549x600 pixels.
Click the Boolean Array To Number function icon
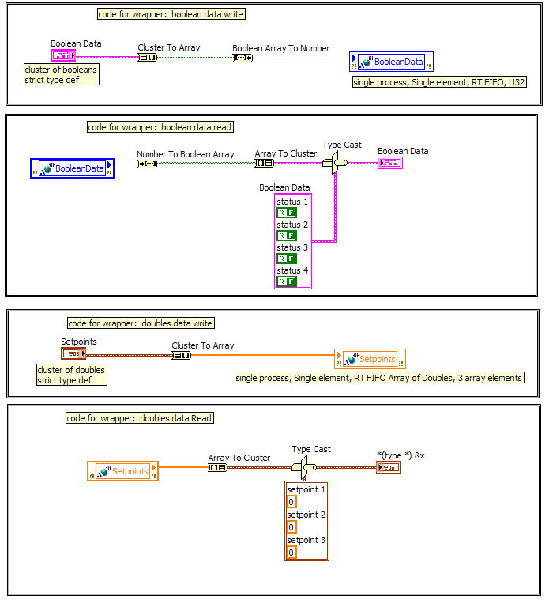(243, 58)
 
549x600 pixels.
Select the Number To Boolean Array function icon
(147, 164)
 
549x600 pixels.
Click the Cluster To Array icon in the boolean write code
(148, 57)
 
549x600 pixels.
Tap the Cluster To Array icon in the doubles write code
(182, 355)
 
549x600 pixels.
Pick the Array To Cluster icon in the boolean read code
(264, 164)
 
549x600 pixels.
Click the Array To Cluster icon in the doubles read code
(218, 467)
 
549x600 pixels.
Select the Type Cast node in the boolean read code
(337, 163)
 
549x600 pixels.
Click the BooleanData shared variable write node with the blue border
(391, 62)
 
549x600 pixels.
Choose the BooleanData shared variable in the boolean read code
(73, 168)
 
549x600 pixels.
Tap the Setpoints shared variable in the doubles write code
(370, 359)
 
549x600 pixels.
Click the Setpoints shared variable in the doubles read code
(122, 471)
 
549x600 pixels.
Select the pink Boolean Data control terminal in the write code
(63, 55)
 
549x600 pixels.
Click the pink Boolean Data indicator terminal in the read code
(389, 163)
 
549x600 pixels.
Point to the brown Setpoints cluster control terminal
(73, 353)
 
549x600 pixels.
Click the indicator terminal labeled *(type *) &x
(389, 467)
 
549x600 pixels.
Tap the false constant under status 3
(286, 258)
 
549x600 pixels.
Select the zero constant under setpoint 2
(291, 527)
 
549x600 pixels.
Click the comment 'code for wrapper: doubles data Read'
(139, 418)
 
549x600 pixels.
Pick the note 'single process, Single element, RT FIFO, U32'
(439, 82)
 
